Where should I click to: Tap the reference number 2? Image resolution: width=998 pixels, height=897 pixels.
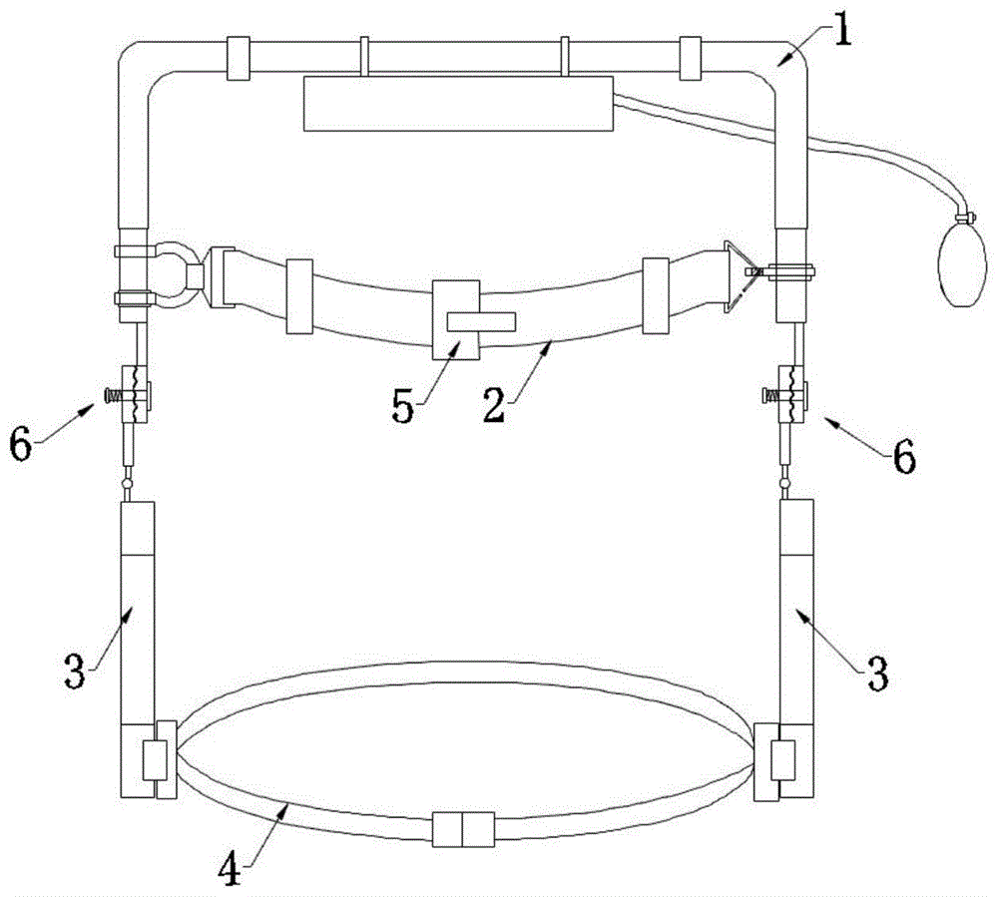[495, 405]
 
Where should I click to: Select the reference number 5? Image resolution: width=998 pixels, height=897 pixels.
[403, 406]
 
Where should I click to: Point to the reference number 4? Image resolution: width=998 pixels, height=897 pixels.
[231, 868]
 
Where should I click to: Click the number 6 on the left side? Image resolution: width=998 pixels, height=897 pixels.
[21, 445]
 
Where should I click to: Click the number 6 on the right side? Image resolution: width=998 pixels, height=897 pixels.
[904, 456]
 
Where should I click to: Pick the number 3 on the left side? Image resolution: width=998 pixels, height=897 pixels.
[75, 672]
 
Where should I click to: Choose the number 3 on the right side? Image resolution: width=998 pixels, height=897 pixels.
[878, 673]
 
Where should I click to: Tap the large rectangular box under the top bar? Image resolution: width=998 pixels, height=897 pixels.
[458, 104]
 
